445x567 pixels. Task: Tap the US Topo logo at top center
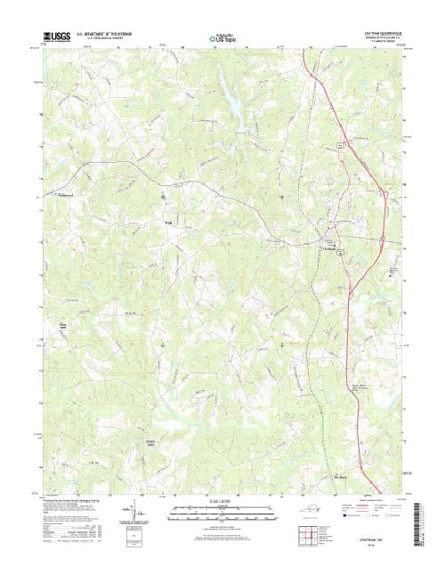(222, 39)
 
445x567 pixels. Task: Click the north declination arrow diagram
(135, 514)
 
